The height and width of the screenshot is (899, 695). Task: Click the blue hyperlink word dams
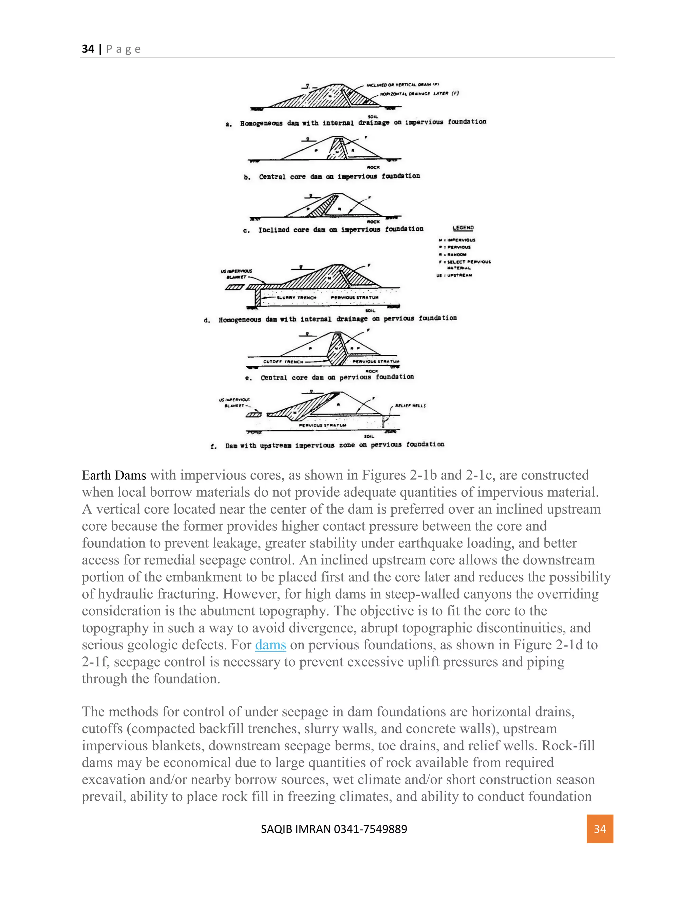click(270, 645)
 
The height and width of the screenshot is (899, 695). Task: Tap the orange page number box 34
click(600, 829)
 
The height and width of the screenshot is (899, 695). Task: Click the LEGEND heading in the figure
click(463, 228)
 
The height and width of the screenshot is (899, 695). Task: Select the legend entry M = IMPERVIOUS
click(457, 240)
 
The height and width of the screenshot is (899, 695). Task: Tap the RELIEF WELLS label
click(410, 405)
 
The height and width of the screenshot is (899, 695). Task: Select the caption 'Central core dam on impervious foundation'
click(339, 176)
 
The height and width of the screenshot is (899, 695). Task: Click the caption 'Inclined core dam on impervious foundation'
click(340, 229)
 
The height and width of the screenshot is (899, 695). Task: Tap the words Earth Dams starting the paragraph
click(114, 475)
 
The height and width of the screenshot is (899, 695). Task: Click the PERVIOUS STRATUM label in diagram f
click(322, 425)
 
